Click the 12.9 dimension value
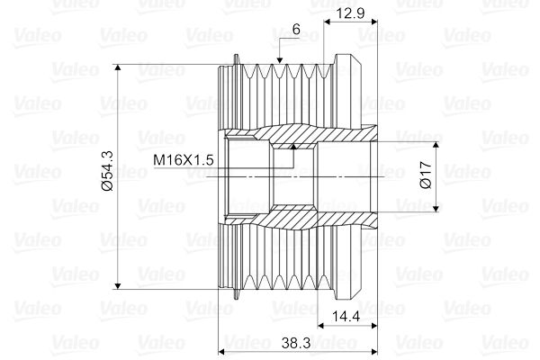click(x=350, y=13)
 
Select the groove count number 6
click(x=296, y=30)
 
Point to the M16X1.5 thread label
click(x=184, y=160)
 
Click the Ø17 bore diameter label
click(x=426, y=175)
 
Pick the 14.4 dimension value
click(x=346, y=316)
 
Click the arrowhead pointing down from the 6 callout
click(x=280, y=60)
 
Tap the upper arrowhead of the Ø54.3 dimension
click(x=118, y=67)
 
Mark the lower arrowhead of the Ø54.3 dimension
click(x=118, y=285)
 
